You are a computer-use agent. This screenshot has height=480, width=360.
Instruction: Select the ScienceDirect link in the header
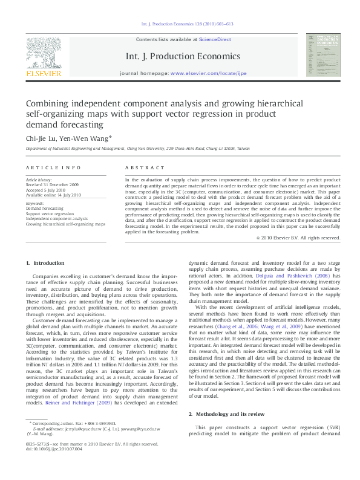pos(215,39)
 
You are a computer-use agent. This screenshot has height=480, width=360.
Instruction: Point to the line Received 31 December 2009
pos(52,184)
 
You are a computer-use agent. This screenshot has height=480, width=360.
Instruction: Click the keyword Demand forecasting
pos(44,208)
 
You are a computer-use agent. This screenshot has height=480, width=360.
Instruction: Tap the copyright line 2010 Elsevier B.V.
pos(299,238)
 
